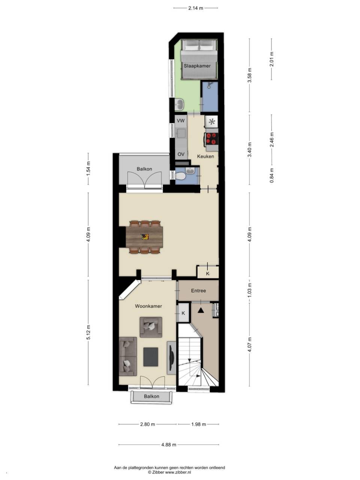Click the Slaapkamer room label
197,66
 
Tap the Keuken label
205,156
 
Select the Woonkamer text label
148,306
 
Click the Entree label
198,291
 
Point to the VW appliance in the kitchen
181,121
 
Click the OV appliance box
181,154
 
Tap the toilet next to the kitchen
180,176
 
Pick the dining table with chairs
145,237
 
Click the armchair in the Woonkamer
151,327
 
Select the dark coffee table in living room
151,357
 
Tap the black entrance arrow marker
201,310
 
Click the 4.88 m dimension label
169,445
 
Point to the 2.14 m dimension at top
195,8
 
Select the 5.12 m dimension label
88,332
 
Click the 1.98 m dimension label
198,424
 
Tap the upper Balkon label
144,169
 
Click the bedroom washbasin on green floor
180,104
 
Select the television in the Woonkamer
171,358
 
